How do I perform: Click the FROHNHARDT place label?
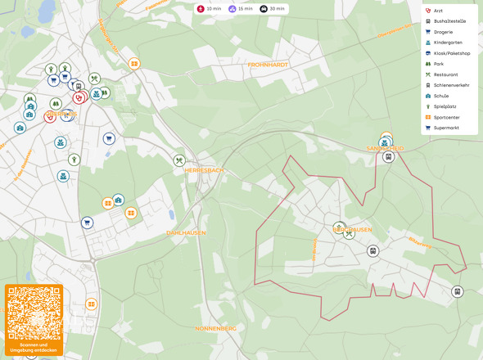pos(269,64)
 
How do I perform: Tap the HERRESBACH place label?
pos(204,170)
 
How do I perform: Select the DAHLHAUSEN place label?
pos(186,233)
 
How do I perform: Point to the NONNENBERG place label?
pos(216,328)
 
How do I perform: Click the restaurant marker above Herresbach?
pos(179,160)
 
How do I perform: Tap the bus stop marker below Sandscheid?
pos(389,156)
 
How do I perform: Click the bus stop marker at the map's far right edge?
pos(457,291)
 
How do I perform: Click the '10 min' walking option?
pos(209,8)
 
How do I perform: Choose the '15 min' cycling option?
pos(240,8)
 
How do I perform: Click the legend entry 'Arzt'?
pos(438,11)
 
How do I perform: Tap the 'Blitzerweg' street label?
pos(419,243)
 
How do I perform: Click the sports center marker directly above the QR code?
pos(91,304)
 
